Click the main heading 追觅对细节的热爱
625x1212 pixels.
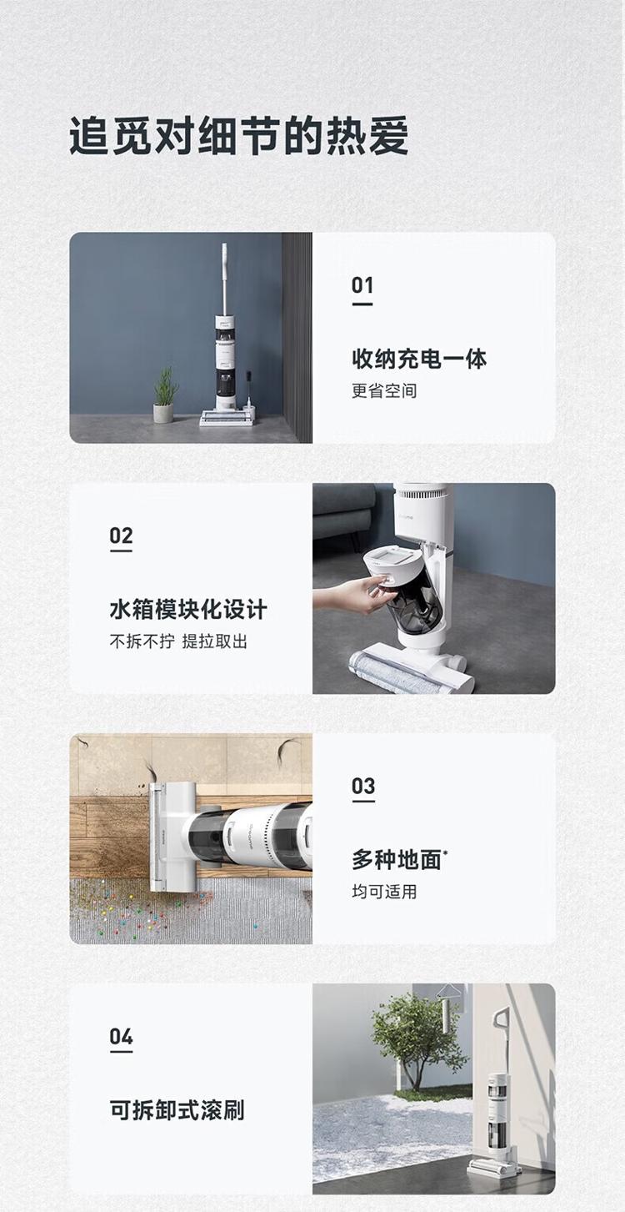click(238, 136)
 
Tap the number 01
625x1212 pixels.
click(362, 285)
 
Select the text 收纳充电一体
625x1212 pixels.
click(419, 359)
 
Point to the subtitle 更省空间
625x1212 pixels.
click(384, 390)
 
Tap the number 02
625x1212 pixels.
click(121, 536)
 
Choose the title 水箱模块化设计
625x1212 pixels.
click(188, 610)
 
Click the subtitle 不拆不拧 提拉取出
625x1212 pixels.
click(178, 641)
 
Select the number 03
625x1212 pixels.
click(362, 787)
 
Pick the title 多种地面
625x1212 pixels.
click(397, 860)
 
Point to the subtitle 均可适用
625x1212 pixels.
click(384, 892)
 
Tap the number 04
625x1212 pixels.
click(121, 1037)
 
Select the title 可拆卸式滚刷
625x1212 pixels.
click(177, 1110)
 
